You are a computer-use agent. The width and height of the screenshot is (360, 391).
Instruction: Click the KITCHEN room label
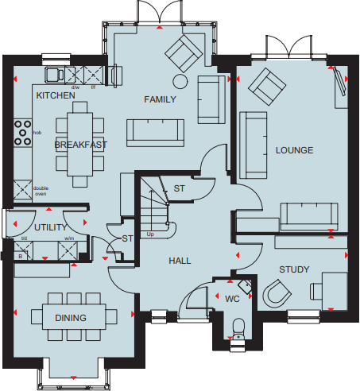[56, 95]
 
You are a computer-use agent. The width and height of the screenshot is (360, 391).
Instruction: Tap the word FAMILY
[158, 99]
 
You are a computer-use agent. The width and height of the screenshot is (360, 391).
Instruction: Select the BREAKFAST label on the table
[80, 145]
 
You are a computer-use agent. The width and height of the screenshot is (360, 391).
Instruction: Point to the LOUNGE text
[294, 150]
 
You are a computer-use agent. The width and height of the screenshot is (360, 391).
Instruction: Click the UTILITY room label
[50, 227]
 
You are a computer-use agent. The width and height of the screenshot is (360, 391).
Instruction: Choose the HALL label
[180, 260]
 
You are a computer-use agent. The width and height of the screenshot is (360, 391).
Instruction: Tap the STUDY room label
[293, 269]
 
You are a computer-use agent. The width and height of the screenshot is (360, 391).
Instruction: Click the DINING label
[70, 318]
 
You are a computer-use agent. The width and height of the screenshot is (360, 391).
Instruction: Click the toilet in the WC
[237, 328]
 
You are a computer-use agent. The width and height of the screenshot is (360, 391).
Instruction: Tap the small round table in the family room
[180, 81]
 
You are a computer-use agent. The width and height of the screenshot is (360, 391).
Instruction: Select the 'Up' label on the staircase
[150, 234]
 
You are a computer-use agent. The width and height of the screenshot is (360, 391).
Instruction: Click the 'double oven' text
[40, 191]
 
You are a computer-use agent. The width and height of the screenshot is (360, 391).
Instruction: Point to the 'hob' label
[37, 133]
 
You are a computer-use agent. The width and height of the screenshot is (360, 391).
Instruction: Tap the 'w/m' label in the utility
[68, 238]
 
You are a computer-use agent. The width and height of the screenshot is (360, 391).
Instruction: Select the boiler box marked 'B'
[20, 255]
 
